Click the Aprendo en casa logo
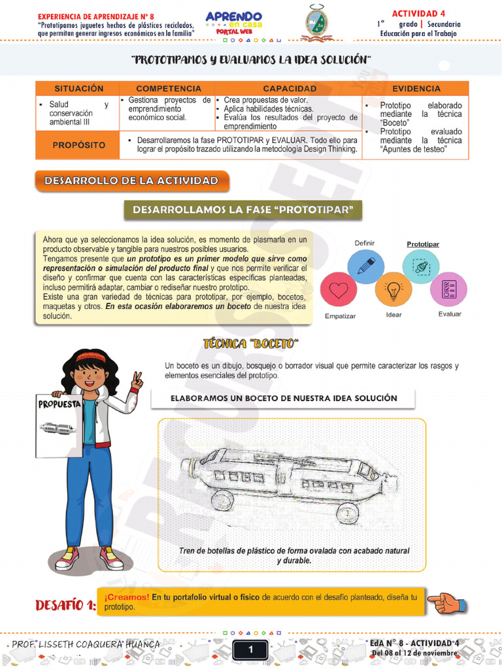point(233,24)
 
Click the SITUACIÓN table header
point(78,88)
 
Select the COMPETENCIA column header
point(168,88)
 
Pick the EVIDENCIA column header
point(416,88)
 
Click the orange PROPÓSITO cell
point(78,144)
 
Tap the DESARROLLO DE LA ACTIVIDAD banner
point(131,180)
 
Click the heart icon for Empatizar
point(338,289)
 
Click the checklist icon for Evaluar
point(448,288)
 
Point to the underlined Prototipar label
point(423,244)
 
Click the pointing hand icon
point(447,602)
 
